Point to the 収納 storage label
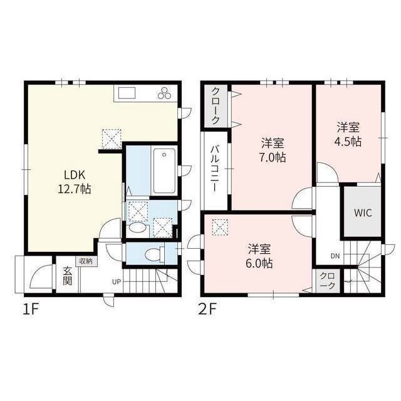click(x=86, y=261)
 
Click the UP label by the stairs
click(x=116, y=281)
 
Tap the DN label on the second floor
click(x=335, y=256)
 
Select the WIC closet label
click(x=362, y=212)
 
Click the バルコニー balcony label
click(x=214, y=169)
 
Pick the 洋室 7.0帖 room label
click(x=273, y=149)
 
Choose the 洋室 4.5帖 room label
click(x=348, y=134)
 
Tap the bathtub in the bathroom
click(x=164, y=170)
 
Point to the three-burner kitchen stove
click(x=165, y=94)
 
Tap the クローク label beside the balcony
click(x=215, y=104)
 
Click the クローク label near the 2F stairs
click(x=327, y=280)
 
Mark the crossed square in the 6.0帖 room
click(x=219, y=226)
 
